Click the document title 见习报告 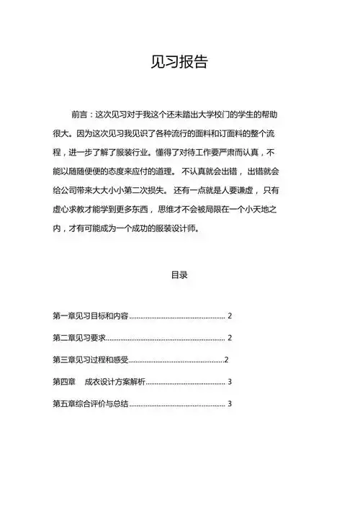click(x=179, y=62)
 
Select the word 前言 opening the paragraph click(x=80, y=115)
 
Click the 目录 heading click(x=179, y=274)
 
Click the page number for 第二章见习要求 click(x=229, y=338)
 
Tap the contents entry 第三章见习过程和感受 click(x=90, y=359)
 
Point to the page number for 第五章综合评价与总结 click(x=229, y=403)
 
